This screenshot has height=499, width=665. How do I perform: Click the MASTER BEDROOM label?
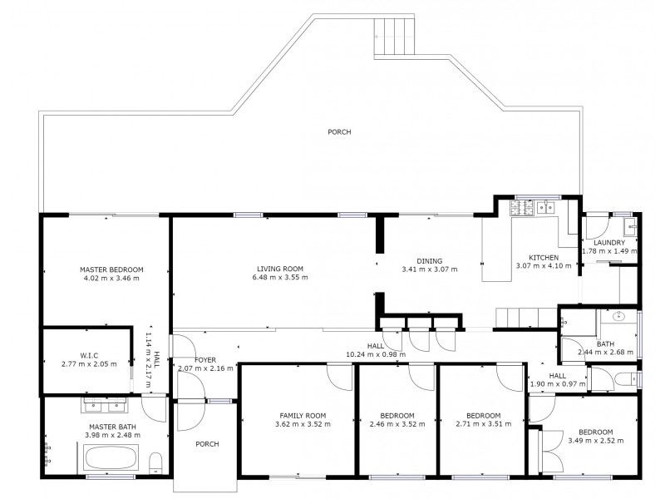tap(111, 269)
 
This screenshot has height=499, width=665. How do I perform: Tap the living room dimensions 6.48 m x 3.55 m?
tap(282, 278)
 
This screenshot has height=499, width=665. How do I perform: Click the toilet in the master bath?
tap(154, 464)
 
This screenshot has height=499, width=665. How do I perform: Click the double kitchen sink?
tap(547, 207)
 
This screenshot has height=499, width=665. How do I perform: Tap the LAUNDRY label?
tap(609, 242)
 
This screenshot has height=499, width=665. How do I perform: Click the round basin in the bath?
tap(619, 317)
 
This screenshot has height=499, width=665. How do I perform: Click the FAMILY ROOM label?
tap(302, 415)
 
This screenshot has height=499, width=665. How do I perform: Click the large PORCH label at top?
tap(338, 131)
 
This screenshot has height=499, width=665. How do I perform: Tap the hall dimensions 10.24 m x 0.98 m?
tap(376, 353)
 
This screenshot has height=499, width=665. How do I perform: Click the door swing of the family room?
tap(339, 377)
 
